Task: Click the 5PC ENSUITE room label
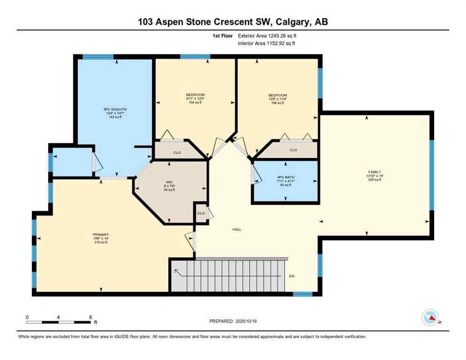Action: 115,110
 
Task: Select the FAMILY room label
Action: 374,172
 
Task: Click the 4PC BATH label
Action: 285,177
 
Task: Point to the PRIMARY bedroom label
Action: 101,234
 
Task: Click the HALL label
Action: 237,230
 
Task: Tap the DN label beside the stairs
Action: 292,276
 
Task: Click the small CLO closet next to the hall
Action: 201,213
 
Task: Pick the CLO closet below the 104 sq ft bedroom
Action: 177,152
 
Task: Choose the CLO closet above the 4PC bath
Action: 293,150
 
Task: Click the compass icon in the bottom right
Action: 430,318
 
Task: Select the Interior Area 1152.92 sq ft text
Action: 266,44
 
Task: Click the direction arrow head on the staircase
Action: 176,270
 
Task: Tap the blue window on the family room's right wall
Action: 432,174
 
